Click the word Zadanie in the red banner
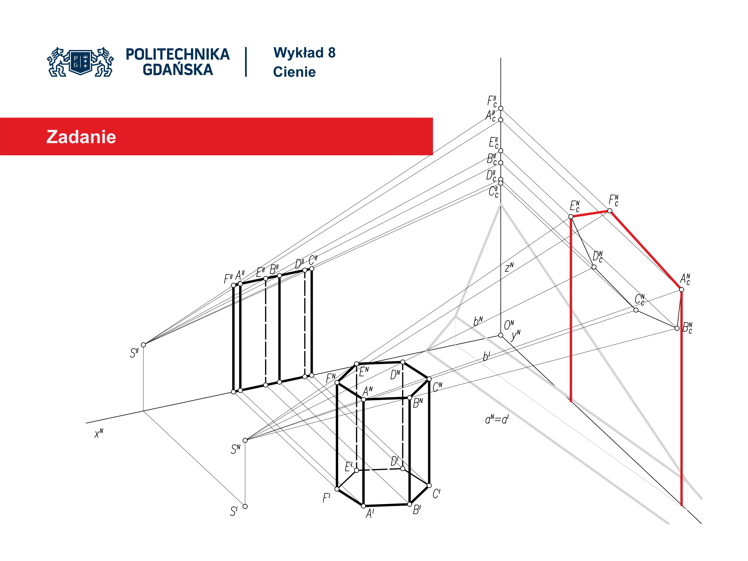tap(81, 137)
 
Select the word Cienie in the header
tap(294, 72)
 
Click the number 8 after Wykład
tap(331, 53)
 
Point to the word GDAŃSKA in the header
tap(178, 70)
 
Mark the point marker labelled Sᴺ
tap(245, 440)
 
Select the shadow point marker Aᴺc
tap(681, 289)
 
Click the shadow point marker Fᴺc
tap(610, 211)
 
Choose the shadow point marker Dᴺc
tap(594, 267)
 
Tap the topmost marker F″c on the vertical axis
tap(501, 108)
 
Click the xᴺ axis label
tap(99, 434)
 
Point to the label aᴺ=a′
tap(496, 420)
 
